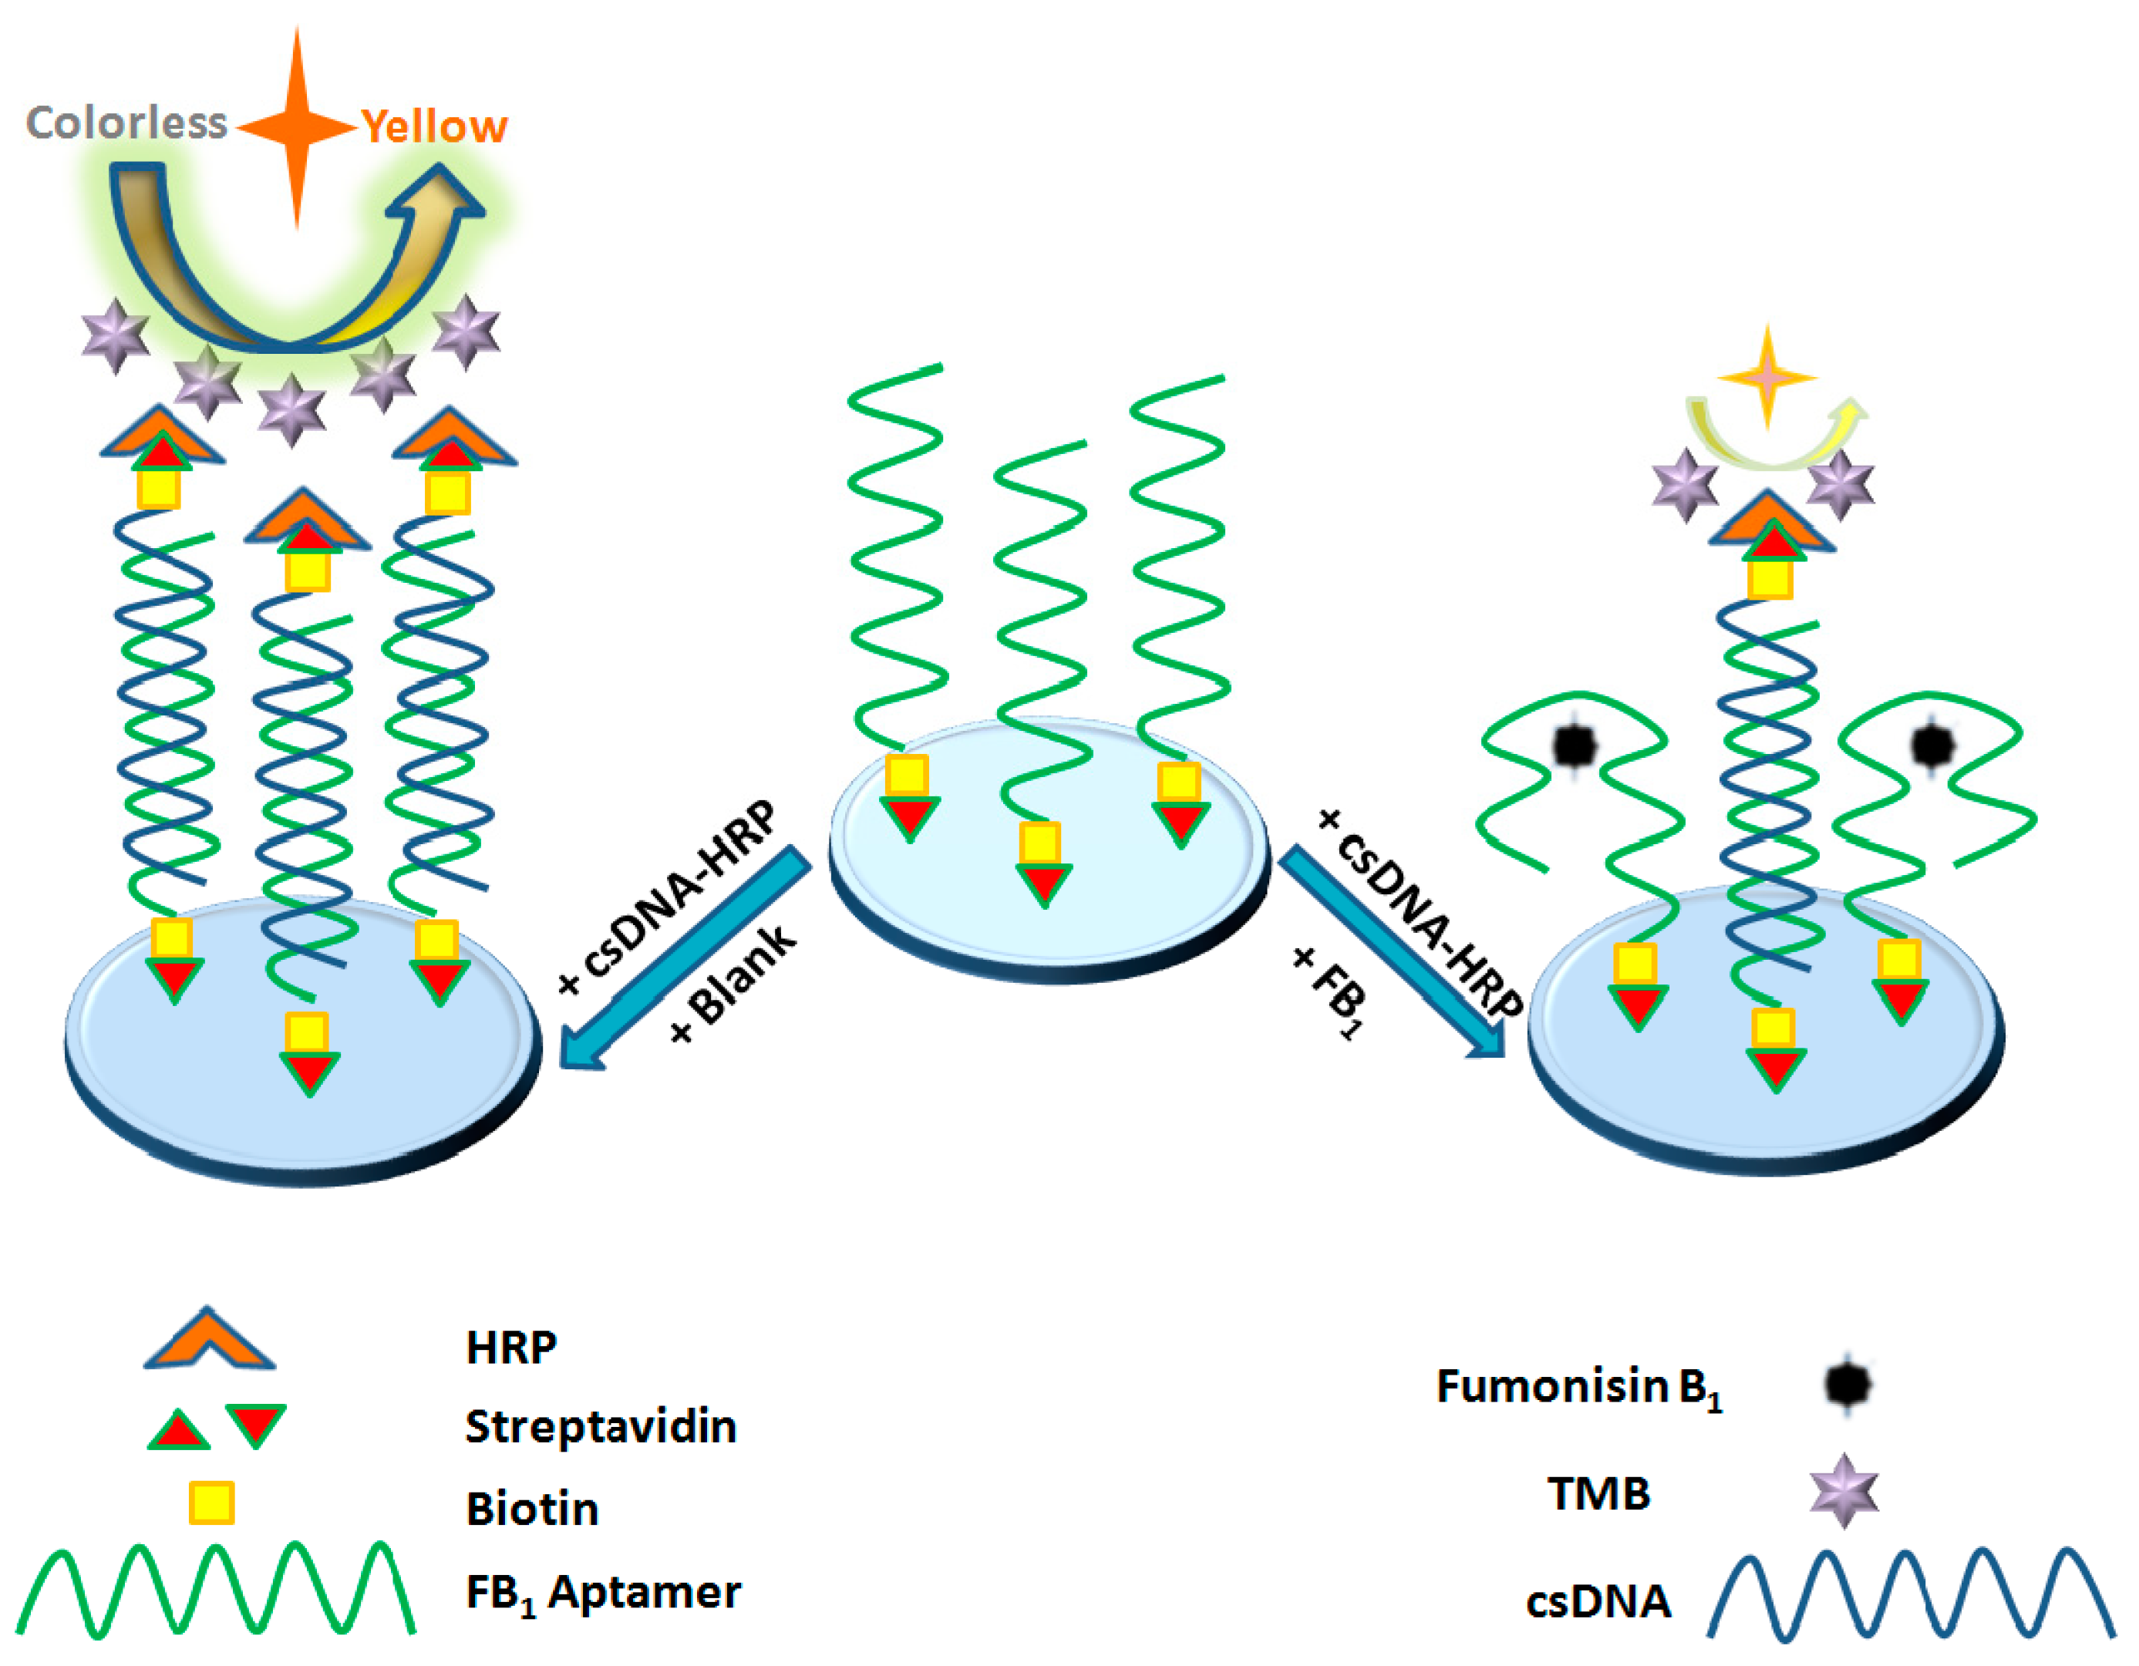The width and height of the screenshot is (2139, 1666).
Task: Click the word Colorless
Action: pyautogui.click(x=126, y=123)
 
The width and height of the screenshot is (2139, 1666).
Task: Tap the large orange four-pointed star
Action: pyautogui.click(x=298, y=127)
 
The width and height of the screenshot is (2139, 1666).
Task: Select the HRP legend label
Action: pyautogui.click(x=511, y=1348)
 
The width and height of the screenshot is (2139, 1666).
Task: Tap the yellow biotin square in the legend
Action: pyautogui.click(x=211, y=1503)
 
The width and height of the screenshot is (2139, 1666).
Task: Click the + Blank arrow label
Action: pyautogui.click(x=735, y=984)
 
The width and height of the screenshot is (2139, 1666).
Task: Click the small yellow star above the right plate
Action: pyautogui.click(x=1768, y=377)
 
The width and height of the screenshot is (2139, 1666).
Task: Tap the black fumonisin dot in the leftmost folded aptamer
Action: pyautogui.click(x=1575, y=747)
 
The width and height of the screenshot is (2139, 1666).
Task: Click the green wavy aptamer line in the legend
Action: pyautogui.click(x=215, y=1591)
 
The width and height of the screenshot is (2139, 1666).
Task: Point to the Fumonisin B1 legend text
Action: pyautogui.click(x=1578, y=1387)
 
